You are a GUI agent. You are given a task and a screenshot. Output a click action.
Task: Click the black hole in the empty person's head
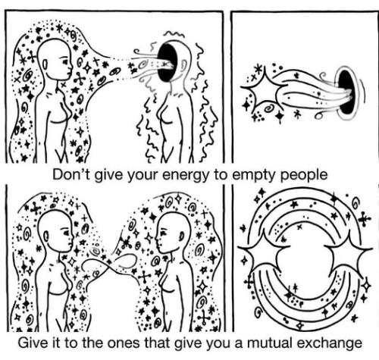click(167, 62)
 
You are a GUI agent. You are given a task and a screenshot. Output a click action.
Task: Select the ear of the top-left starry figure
click(45, 64)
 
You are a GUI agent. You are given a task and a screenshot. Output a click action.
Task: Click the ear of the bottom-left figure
click(46, 236)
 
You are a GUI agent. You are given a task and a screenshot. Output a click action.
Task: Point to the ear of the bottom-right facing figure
click(181, 236)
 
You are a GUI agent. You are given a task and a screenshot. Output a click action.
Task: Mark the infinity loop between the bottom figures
click(111, 265)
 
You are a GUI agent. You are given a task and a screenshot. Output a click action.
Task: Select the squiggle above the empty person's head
click(171, 33)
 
